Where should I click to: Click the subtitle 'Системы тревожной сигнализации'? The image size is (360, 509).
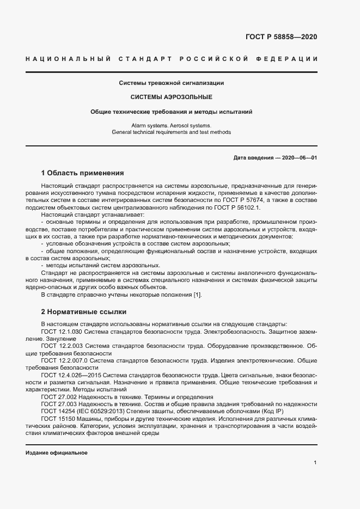tap(172, 83)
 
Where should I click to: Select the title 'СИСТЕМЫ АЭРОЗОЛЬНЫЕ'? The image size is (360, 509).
tap(172, 97)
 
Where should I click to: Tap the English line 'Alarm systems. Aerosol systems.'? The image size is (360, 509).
tap(172, 125)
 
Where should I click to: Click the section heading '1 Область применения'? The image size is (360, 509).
tap(83, 173)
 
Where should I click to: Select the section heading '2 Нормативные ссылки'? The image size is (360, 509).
tap(83, 312)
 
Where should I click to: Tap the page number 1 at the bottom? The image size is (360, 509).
tap(315, 463)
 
